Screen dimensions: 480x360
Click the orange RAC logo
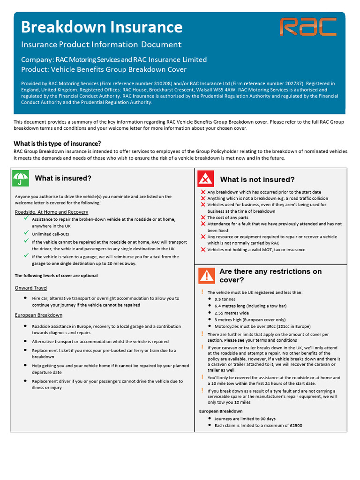308,27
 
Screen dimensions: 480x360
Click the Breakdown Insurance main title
102,27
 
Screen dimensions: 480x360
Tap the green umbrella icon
20,179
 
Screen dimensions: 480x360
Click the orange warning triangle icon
206,276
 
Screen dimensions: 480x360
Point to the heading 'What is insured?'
63,179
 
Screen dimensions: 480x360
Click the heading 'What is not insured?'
257,180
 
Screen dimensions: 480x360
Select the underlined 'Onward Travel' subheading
31,288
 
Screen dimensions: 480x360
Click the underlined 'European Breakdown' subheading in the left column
38,315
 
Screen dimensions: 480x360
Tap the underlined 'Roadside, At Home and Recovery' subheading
51,212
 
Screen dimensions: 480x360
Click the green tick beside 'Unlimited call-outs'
27,233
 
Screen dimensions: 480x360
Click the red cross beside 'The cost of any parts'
203,217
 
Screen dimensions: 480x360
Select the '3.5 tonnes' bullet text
225,299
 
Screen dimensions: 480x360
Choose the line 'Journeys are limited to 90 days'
245,419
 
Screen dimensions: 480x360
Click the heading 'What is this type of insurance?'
57,143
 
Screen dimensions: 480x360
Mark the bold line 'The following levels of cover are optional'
56,276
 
